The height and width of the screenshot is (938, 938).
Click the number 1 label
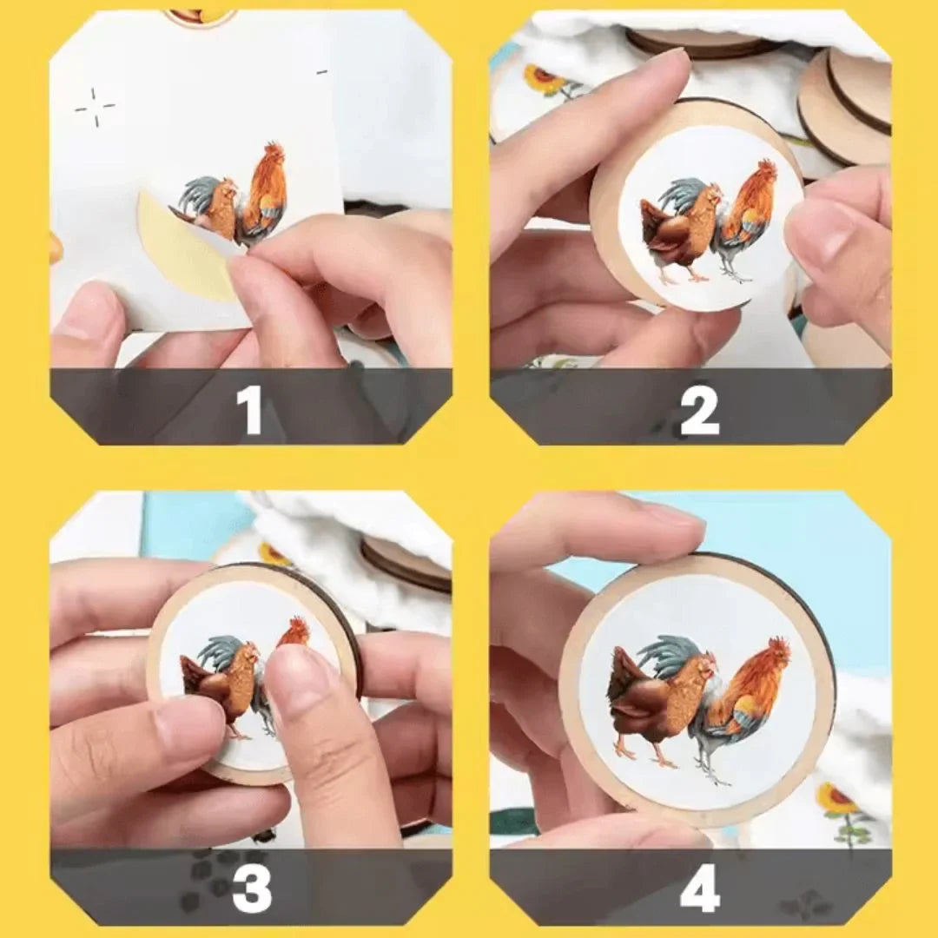(250, 408)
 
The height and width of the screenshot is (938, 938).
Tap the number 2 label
(699, 408)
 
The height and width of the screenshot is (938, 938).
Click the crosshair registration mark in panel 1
(95, 107)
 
